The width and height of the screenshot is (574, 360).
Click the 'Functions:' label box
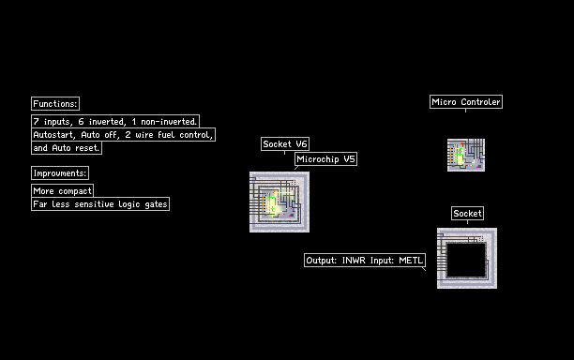tap(55, 103)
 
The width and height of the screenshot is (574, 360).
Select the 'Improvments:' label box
tap(60, 173)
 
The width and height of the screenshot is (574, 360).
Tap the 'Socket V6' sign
tap(285, 143)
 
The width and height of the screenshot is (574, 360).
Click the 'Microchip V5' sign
tap(325, 159)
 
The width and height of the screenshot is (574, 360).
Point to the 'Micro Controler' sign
tap(466, 101)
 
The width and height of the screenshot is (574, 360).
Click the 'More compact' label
tap(62, 190)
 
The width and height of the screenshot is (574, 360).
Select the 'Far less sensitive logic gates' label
tap(100, 203)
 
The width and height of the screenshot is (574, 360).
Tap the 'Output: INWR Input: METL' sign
tap(365, 260)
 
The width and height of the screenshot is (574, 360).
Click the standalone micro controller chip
tap(466, 155)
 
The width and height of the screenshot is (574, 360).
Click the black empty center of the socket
tap(466, 260)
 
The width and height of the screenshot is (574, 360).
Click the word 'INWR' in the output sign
tap(354, 260)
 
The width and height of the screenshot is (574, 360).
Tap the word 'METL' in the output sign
tap(411, 260)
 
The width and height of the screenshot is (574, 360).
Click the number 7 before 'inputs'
tap(36, 122)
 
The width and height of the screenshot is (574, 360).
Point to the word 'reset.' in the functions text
tap(87, 148)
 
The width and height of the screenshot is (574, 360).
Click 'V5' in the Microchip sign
tap(349, 159)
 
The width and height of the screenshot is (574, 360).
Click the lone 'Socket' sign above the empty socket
tap(467, 214)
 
